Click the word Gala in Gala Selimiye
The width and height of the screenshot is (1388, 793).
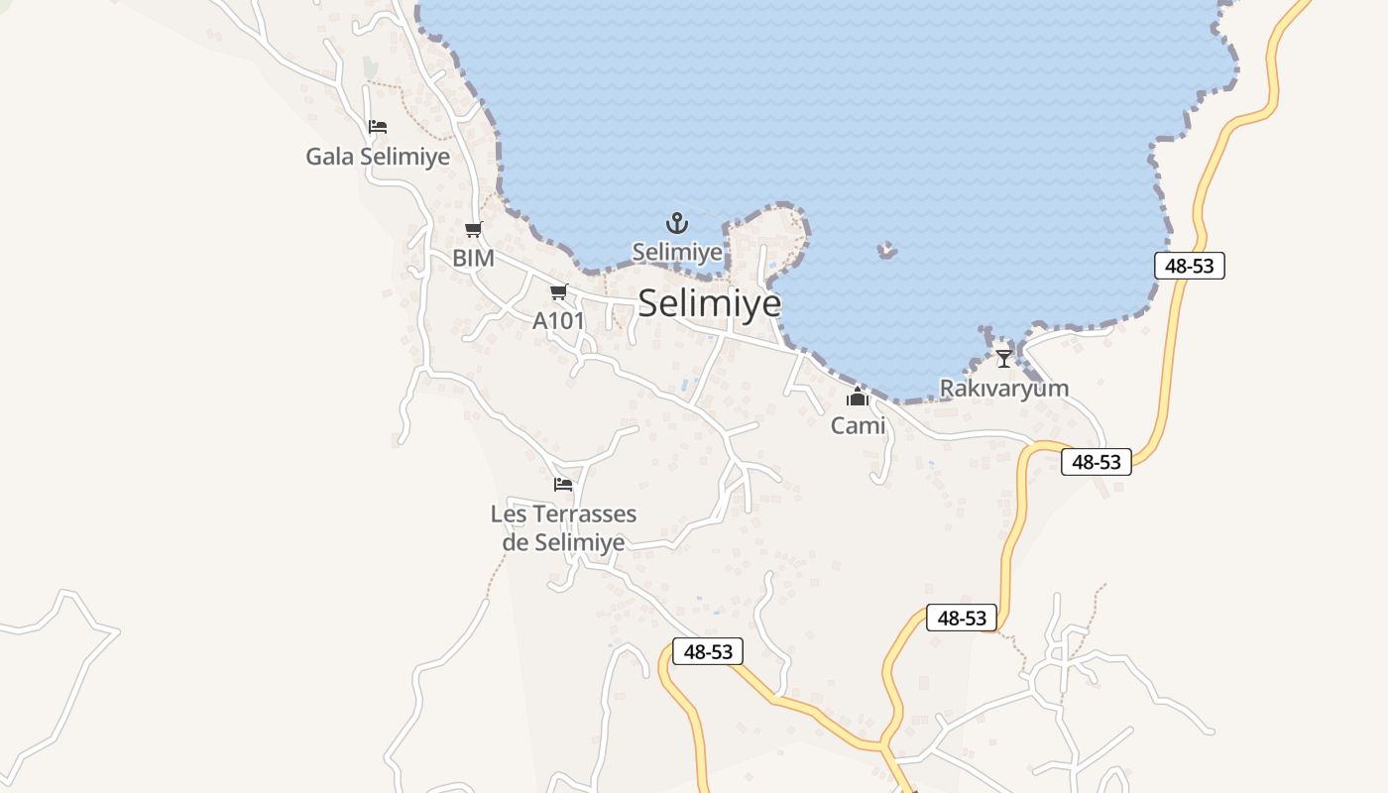coord(330,157)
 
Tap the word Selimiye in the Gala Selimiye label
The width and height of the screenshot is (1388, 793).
coord(405,157)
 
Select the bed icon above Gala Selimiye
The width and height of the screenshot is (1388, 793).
coord(377,127)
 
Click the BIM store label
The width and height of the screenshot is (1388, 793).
coord(473,258)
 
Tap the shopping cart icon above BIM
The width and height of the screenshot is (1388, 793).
coord(473,230)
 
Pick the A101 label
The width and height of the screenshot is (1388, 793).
coord(558,320)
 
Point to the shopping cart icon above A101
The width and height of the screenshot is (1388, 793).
coord(558,291)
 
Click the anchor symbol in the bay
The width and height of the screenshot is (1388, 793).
coord(676,222)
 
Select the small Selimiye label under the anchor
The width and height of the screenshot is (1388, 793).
coord(677,252)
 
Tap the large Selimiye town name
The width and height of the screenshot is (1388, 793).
coord(709,303)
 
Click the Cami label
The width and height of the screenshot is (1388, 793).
coord(858,426)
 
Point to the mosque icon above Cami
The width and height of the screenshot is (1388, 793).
coord(858,398)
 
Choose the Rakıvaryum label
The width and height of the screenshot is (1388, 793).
coord(1004,388)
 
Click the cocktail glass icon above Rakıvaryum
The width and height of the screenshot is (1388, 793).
coord(1004,358)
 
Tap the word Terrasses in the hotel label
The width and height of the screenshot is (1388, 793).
coord(585,514)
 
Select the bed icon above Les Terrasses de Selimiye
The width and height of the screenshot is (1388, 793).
coord(563,485)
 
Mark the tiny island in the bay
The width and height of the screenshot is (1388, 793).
coord(887,251)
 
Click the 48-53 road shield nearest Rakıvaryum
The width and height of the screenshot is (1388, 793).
coord(1096,462)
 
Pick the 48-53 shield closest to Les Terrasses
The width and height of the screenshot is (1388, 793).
coord(707,651)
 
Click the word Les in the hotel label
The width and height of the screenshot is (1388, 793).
coord(509,514)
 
